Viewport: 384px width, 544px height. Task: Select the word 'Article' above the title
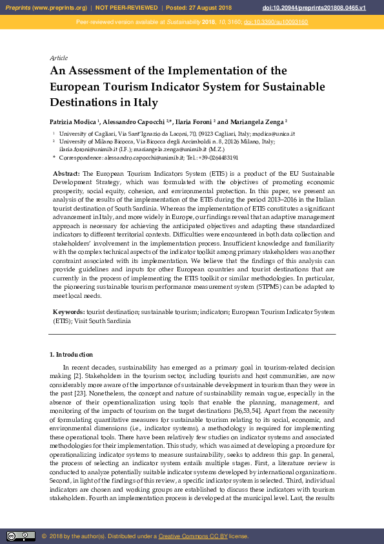coord(59,58)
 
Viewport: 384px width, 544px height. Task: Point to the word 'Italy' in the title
coord(143,102)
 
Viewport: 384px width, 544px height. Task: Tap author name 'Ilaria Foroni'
coord(194,121)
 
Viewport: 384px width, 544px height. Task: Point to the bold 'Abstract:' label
coord(66,174)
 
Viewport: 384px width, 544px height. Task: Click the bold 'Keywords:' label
coord(68,312)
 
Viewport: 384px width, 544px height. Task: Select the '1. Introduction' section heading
coord(71,355)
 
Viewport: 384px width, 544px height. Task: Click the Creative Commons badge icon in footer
coord(21,536)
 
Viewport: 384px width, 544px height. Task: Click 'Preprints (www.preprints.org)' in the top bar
coord(45,8)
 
